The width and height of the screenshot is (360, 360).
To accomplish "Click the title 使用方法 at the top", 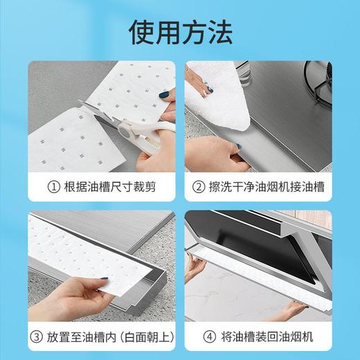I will coord(180,31).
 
